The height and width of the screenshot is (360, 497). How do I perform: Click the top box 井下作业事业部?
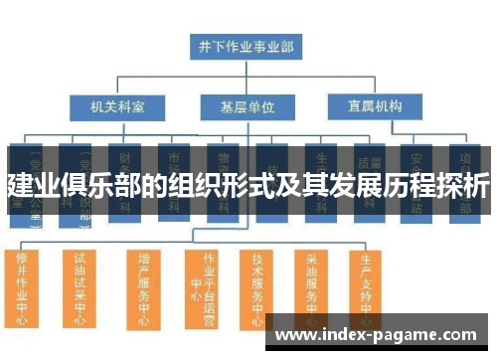(246, 46)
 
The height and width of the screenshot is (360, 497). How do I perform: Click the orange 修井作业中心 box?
(23, 288)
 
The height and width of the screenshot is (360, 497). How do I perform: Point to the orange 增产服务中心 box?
(143, 288)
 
